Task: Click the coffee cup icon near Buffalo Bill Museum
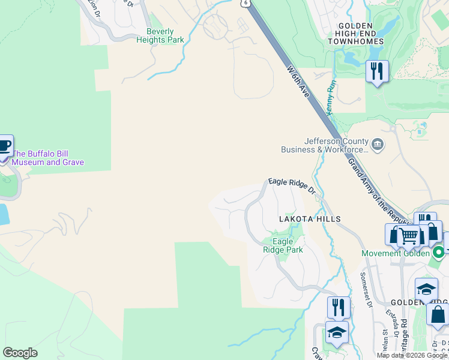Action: [4, 146]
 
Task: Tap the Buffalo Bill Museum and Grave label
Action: [48, 158]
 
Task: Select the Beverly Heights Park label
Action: [160, 36]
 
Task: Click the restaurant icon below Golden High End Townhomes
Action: [377, 71]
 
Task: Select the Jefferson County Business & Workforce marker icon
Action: [378, 145]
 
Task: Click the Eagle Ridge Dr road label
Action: [292, 185]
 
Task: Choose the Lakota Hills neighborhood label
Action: [310, 219]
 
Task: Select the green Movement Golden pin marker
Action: [439, 253]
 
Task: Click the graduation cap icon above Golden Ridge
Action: [426, 290]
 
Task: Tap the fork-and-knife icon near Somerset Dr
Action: [339, 307]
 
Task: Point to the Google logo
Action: [20, 353]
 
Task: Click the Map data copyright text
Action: [412, 355]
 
